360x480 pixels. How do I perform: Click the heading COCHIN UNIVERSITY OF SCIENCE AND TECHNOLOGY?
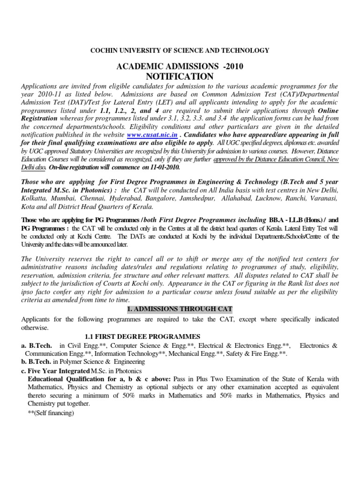180,50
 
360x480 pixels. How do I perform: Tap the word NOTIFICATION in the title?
180,76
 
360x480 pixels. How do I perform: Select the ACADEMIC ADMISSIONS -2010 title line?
180,67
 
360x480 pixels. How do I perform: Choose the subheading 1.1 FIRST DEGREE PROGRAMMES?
142,337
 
